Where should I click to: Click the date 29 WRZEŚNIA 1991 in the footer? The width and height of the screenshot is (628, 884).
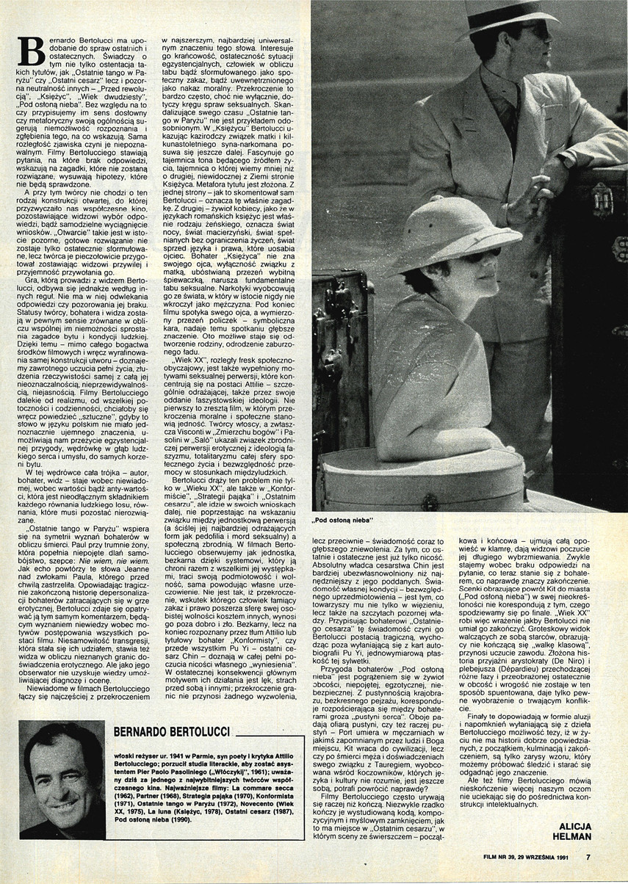click(547, 853)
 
